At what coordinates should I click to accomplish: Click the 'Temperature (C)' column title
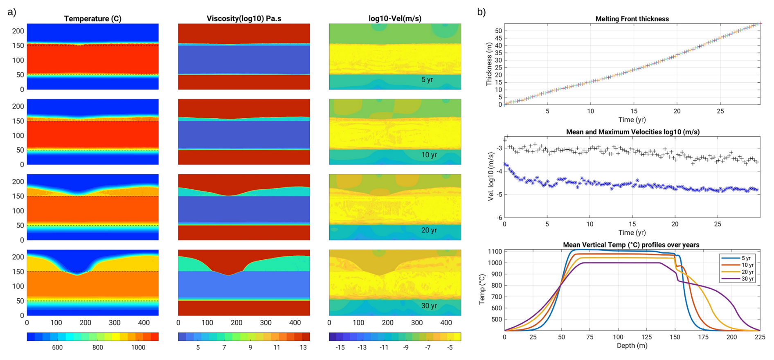pos(92,18)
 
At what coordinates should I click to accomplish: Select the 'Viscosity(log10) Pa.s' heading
pos(244,18)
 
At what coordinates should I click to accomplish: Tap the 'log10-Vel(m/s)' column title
pos(395,18)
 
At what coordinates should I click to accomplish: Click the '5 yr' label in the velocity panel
pos(427,80)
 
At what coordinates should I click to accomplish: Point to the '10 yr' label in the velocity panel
pos(429,155)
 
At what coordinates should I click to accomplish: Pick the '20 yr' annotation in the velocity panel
pos(429,230)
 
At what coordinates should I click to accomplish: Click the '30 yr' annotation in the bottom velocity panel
pos(429,306)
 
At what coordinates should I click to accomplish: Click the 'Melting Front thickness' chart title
pos(632,19)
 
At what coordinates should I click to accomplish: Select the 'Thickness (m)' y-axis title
pos(489,64)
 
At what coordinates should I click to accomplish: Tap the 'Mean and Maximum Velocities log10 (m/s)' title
pos(632,132)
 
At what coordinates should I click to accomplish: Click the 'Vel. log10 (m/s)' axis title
pos(491,177)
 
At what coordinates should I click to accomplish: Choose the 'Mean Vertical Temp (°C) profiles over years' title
pos(631,245)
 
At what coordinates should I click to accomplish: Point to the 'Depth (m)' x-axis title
pos(632,346)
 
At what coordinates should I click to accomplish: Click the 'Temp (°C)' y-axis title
pos(482,289)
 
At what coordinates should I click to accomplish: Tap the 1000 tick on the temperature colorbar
pos(138,348)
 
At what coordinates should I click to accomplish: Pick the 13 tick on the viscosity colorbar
pos(303,348)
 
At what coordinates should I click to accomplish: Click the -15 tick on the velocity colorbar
pos(340,348)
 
